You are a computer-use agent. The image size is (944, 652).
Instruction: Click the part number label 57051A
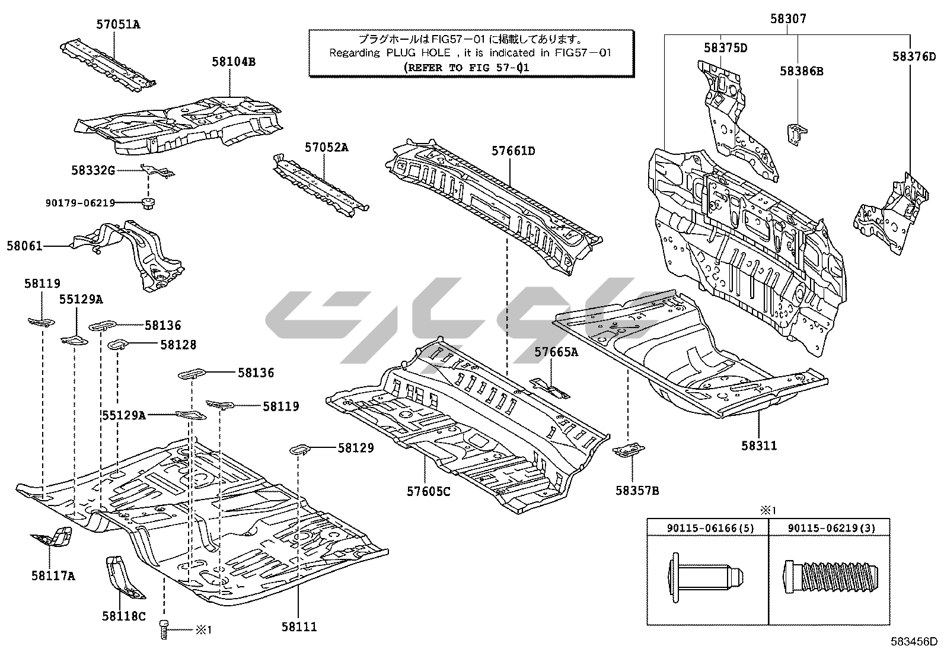click(x=119, y=24)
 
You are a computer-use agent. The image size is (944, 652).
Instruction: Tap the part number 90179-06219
click(x=81, y=203)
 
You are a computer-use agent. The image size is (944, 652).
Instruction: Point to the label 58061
click(x=24, y=245)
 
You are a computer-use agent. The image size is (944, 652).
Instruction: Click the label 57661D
click(x=513, y=151)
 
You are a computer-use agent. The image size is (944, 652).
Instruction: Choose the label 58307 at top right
click(x=788, y=19)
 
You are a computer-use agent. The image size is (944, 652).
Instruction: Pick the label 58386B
click(x=801, y=71)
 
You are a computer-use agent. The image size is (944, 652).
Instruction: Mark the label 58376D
click(x=914, y=56)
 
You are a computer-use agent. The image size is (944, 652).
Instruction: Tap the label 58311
click(x=759, y=446)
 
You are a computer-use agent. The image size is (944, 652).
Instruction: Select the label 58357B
click(x=637, y=491)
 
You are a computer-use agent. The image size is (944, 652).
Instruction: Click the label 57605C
click(x=428, y=492)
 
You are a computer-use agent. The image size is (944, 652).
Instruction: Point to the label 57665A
click(x=556, y=352)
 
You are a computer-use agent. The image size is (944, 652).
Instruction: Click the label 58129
click(x=356, y=448)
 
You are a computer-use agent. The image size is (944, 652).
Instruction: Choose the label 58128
click(x=178, y=345)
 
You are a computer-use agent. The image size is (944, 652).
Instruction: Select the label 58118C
click(x=123, y=616)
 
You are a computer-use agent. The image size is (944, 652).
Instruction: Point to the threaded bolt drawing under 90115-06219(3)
click(x=829, y=575)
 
